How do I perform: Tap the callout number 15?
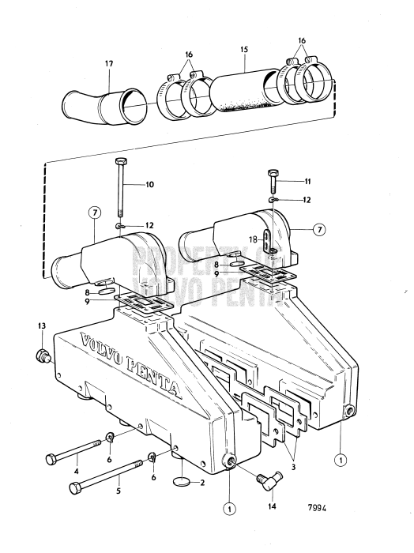click(245, 49)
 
